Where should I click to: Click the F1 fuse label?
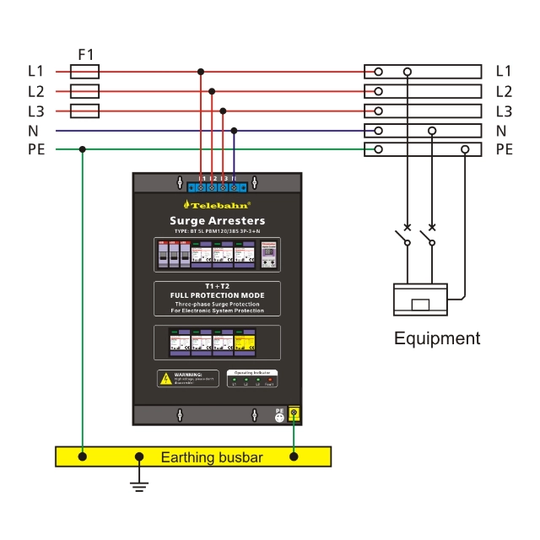click(86, 55)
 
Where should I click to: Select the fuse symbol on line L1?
click(84, 72)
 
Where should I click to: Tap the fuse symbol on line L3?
click(84, 111)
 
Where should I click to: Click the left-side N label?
click(34, 131)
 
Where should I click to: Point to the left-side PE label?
click(36, 150)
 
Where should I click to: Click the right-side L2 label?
click(504, 91)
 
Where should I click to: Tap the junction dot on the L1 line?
click(200, 72)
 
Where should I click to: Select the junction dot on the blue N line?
click(234, 131)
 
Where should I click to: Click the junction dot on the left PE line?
click(82, 149)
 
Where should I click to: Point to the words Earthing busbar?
click(212, 457)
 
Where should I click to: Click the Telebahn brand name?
click(217, 204)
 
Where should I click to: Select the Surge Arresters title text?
click(217, 221)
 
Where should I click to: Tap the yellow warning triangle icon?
click(165, 379)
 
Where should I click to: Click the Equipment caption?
click(437, 338)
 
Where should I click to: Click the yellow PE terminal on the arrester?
click(294, 413)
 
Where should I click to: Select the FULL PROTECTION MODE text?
click(217, 294)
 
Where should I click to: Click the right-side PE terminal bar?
click(423, 149)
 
